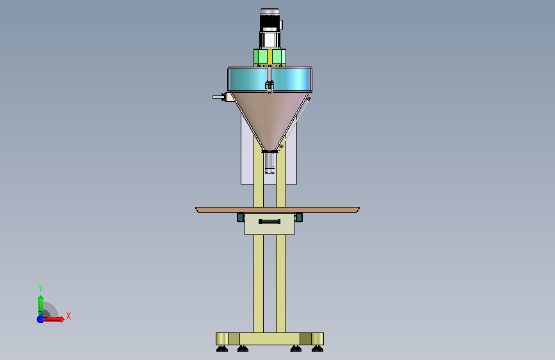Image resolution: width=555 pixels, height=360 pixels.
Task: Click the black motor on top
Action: tap(269, 21)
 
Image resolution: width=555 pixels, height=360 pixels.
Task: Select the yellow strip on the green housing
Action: tap(270, 57)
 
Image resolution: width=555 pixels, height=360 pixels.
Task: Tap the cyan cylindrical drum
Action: tap(269, 79)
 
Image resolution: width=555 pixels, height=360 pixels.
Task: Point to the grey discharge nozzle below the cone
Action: tap(269, 163)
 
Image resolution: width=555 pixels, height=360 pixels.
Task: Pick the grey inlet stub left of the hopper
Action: tap(218, 97)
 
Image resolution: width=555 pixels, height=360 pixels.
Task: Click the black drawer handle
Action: tap(269, 222)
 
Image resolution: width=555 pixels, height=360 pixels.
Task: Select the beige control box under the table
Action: tap(269, 224)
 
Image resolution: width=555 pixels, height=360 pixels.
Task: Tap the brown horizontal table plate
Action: tap(278, 209)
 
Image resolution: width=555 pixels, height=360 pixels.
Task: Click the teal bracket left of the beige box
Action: tap(241, 217)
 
